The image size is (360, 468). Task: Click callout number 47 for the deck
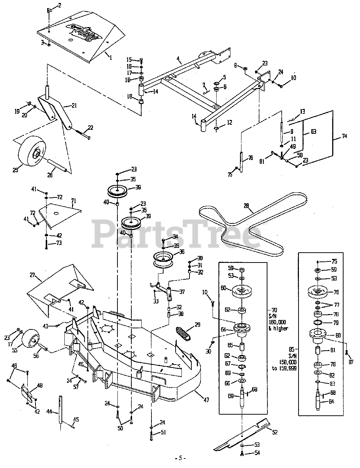206,400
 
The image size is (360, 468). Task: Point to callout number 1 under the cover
109,57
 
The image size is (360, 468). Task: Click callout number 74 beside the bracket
345,136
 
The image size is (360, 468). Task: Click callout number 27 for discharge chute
32,275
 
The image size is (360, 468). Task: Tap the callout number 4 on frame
178,58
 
